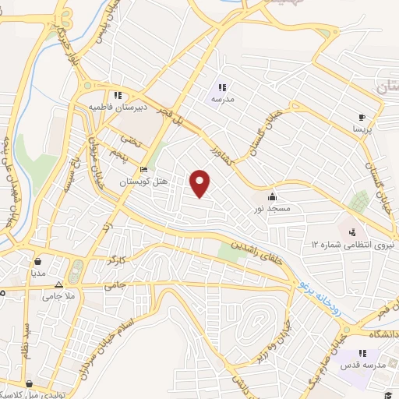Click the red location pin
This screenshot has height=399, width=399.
201,183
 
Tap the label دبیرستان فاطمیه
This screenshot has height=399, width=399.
113,106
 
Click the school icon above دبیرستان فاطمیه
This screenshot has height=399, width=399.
118,95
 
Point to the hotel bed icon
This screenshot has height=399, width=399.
143,170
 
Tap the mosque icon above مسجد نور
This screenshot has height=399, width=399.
271,196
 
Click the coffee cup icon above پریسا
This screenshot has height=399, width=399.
361,117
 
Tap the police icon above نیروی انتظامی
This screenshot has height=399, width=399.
352,231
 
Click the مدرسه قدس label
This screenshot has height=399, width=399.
369,366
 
